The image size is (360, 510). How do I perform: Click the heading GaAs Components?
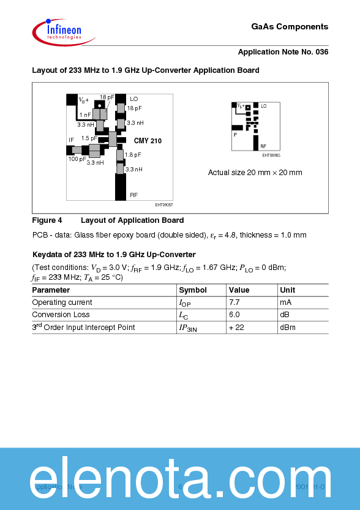(290, 27)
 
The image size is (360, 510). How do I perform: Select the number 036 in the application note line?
(321, 52)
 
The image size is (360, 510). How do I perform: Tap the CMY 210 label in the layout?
(148, 141)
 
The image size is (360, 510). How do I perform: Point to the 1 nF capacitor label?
(85, 114)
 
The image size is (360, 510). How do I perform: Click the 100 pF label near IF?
(77, 159)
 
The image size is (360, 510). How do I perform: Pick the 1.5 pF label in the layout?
(89, 138)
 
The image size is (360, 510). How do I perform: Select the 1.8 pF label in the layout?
(133, 155)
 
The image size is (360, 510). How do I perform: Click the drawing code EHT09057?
(163, 204)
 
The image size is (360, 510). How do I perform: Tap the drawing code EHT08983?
(271, 156)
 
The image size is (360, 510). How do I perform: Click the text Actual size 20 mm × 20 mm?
(255, 173)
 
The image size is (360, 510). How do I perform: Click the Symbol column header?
(192, 290)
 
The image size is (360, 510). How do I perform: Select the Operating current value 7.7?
(234, 302)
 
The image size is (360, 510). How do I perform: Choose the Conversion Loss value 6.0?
(234, 315)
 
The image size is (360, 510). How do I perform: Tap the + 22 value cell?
(236, 328)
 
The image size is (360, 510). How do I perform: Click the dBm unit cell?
(288, 328)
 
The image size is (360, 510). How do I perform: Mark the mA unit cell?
(285, 302)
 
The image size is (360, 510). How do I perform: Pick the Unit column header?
(287, 290)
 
